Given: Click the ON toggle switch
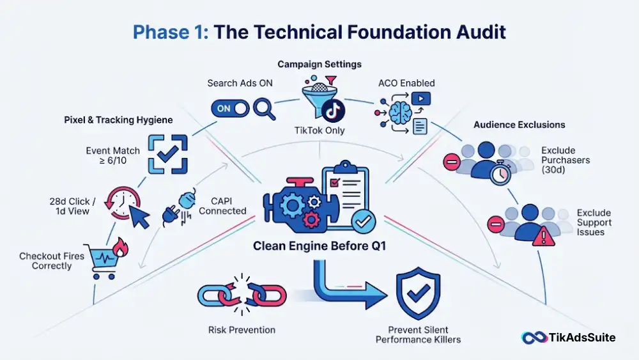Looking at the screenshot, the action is coord(230,109).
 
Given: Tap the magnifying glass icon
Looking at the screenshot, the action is coord(264,109).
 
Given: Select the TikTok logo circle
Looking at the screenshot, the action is coord(333,111).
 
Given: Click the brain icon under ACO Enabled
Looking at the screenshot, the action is coord(400,113).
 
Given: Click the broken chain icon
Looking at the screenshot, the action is coord(242,295).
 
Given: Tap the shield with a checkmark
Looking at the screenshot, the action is coord(418,293).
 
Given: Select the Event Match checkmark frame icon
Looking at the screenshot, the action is coord(168,154).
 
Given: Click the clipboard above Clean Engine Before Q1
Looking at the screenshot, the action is coord(346,192).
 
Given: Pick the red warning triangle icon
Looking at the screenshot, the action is coord(544,237).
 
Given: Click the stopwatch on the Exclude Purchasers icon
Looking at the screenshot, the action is coord(500,173).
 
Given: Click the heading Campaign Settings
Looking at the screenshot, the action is coord(319,64).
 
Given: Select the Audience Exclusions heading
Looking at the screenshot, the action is coord(519,125).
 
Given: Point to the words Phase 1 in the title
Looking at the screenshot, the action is coord(171,32).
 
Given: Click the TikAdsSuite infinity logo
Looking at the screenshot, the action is coord(534,338).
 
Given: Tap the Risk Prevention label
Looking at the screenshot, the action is coord(242,330).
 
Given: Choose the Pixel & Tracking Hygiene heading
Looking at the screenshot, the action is coord(118,120).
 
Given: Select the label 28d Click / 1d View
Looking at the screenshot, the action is coord(73,207).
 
